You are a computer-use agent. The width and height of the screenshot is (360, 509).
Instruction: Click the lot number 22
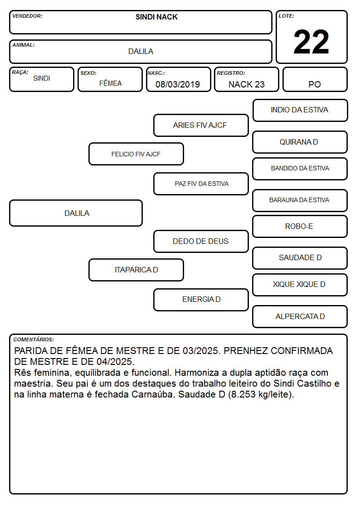pyautogui.click(x=311, y=42)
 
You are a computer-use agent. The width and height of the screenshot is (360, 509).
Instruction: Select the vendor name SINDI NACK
pyautogui.click(x=156, y=17)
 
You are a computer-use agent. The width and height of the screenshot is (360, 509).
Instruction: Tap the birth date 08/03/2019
pyautogui.click(x=178, y=84)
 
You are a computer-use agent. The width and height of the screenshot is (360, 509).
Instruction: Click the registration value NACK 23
pyautogui.click(x=246, y=84)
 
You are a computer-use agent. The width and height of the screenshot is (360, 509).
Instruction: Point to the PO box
pyautogui.click(x=315, y=79)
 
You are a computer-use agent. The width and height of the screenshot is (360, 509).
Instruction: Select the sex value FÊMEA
pyautogui.click(x=110, y=83)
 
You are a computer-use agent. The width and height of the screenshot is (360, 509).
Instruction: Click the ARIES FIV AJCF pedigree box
pyautogui.click(x=201, y=125)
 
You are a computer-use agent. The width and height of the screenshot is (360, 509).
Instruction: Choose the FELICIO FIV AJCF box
pyautogui.click(x=136, y=154)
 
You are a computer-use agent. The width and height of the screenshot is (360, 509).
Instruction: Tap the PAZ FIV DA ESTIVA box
pyautogui.click(x=201, y=184)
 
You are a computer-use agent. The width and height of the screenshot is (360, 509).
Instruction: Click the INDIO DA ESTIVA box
pyautogui.click(x=300, y=111)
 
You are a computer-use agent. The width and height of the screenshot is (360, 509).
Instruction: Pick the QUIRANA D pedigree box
pyautogui.click(x=300, y=142)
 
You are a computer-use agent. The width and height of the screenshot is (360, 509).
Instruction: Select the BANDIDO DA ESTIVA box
pyautogui.click(x=300, y=169)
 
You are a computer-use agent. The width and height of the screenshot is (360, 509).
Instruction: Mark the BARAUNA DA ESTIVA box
pyautogui.click(x=300, y=200)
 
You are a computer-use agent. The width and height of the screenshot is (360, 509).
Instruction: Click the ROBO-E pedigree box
pyautogui.click(x=300, y=226)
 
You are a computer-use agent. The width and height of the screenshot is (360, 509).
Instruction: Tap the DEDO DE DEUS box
pyautogui.click(x=201, y=241)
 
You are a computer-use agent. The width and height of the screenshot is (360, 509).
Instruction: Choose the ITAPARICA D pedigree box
pyautogui.click(x=136, y=270)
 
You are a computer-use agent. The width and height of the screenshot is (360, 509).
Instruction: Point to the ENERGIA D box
pyautogui.click(x=201, y=300)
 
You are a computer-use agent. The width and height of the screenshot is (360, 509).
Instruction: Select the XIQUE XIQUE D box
pyautogui.click(x=300, y=285)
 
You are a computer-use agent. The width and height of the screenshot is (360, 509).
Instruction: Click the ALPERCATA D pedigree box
pyautogui.click(x=300, y=316)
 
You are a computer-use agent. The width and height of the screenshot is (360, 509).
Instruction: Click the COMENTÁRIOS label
pyautogui.click(x=34, y=339)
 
